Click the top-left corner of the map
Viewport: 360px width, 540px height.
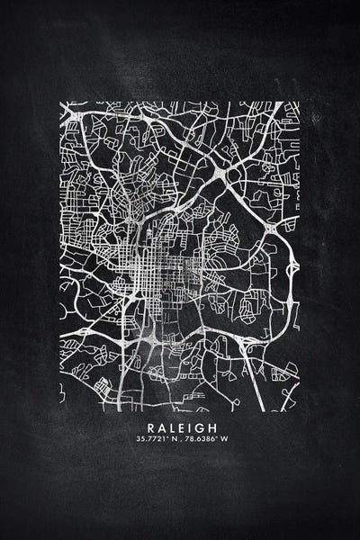coord(61,103)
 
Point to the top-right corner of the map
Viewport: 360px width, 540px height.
coord(299,103)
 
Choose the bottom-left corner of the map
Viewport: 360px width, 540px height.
coord(61,410)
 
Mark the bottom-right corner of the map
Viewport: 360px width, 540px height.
coord(299,410)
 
